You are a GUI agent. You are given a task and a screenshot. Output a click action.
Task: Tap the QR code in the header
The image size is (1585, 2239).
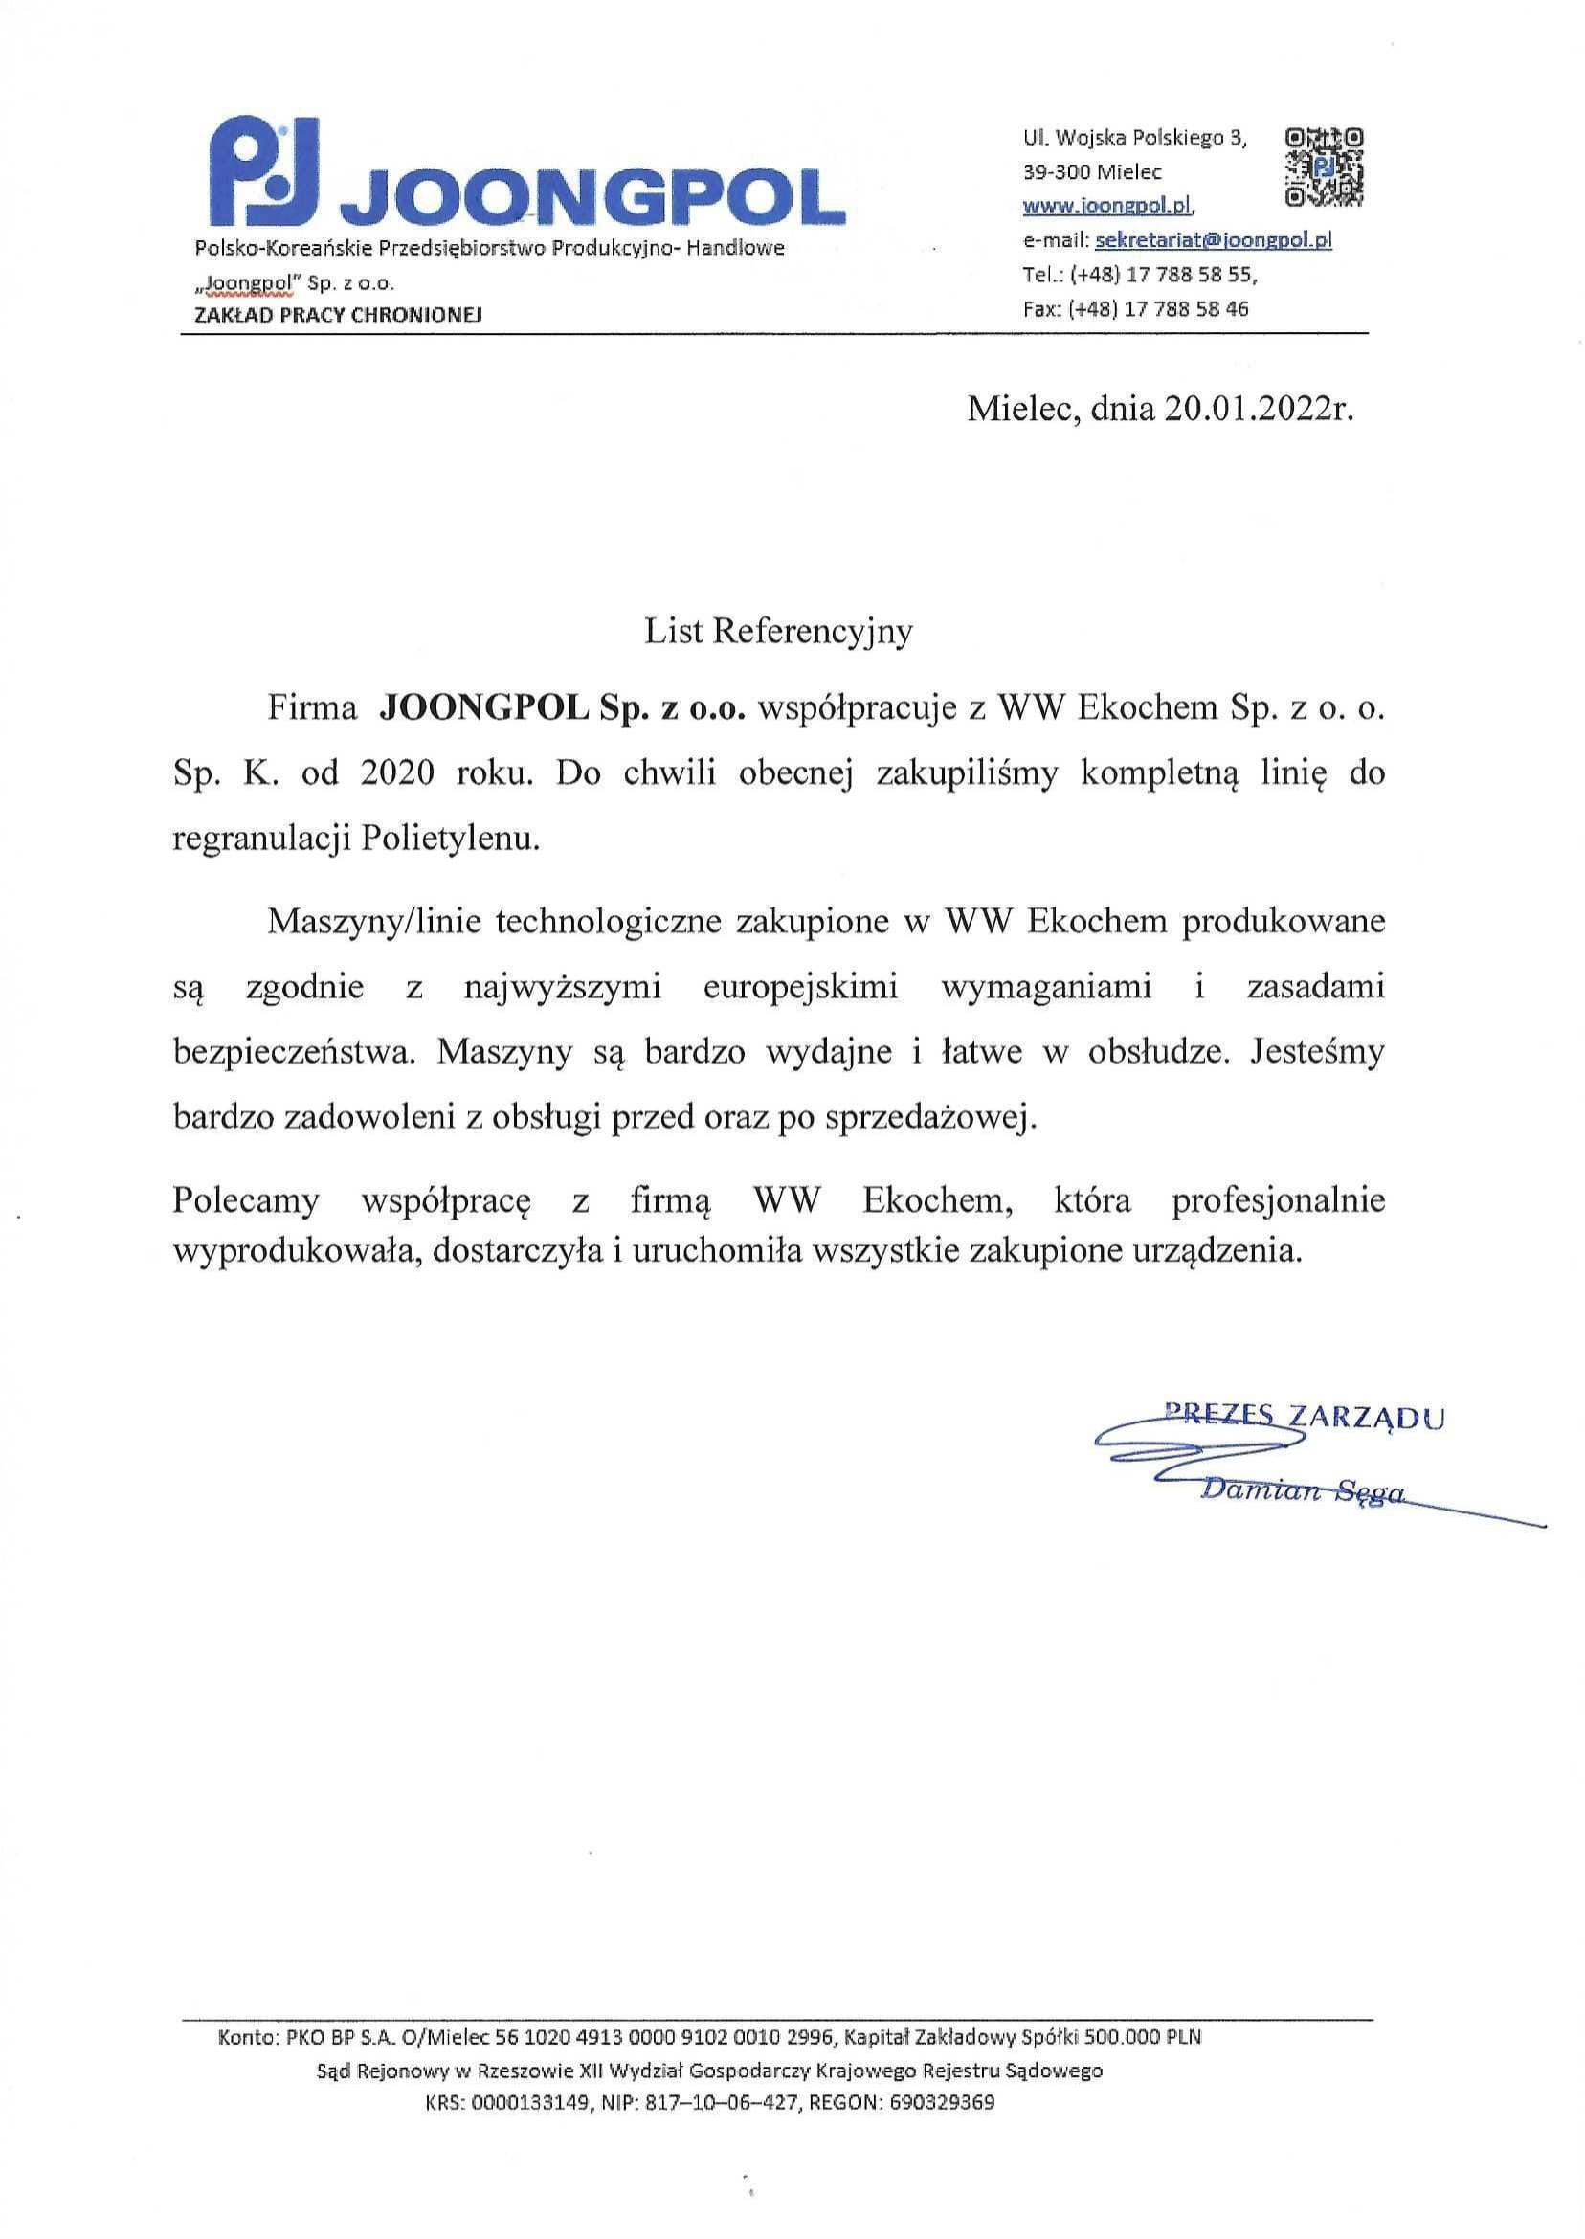click(1325, 167)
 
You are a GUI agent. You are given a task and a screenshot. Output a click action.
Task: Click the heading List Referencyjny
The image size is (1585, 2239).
click(778, 632)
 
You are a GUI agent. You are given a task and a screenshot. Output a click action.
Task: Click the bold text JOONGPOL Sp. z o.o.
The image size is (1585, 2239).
click(561, 709)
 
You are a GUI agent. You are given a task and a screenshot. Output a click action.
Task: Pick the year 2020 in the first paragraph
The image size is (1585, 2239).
click(396, 774)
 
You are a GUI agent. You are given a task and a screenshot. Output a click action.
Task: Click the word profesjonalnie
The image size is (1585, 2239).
click(1278, 1199)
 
